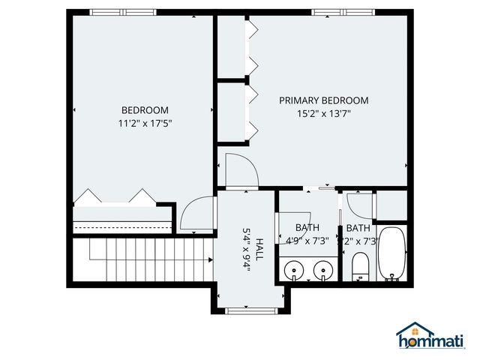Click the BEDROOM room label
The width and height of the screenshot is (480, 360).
click(145, 110)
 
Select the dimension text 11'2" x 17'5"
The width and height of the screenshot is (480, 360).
click(145, 124)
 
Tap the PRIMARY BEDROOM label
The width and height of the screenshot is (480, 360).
click(324, 100)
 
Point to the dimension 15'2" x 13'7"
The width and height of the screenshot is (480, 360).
click(324, 114)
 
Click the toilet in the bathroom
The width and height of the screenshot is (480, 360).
click(360, 265)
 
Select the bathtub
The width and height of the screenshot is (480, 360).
click(391, 253)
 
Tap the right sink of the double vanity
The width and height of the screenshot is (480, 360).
click(324, 268)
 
